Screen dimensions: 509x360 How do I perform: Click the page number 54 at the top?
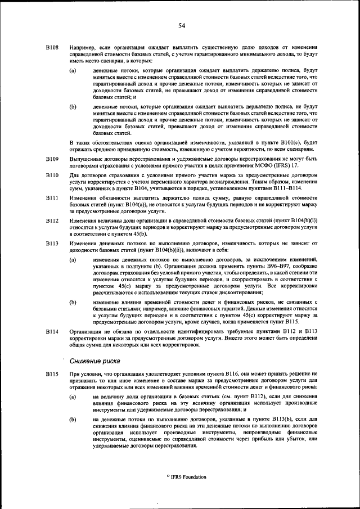[182, 25]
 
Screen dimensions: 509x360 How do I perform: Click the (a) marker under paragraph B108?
[73, 70]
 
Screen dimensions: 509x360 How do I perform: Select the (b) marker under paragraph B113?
[73, 302]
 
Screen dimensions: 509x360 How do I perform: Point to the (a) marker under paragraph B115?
[73, 397]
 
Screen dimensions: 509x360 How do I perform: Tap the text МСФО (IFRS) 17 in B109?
[280, 165]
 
